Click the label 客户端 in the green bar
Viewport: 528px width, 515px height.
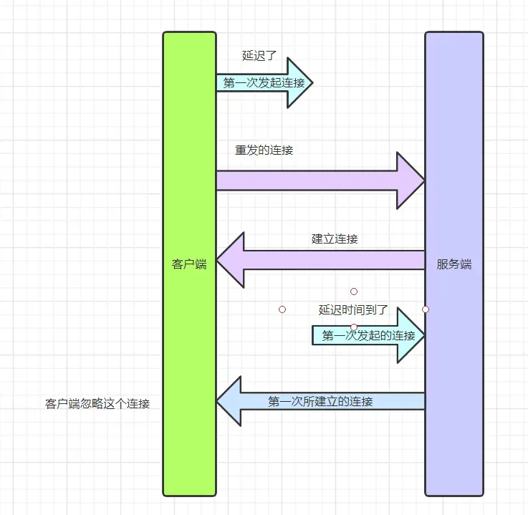[189, 264]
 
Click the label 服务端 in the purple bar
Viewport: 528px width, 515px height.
[454, 264]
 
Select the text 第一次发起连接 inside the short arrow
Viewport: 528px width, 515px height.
[264, 82]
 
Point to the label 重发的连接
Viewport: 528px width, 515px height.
[264, 150]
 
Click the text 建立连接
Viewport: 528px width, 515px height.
[335, 239]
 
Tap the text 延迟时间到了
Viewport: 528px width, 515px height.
[353, 310]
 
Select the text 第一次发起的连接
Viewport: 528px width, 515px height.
[368, 335]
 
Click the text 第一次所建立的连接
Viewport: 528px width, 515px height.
[320, 402]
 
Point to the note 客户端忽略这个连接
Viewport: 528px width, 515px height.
[97, 403]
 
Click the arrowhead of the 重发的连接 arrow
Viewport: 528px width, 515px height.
[411, 181]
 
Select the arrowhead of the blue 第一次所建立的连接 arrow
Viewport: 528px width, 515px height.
[230, 402]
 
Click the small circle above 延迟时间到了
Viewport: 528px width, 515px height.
[354, 292]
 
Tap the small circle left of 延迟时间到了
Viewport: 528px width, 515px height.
[282, 309]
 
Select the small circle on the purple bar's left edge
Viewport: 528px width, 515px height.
[425, 309]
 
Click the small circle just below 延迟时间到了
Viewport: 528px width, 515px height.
[354, 327]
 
